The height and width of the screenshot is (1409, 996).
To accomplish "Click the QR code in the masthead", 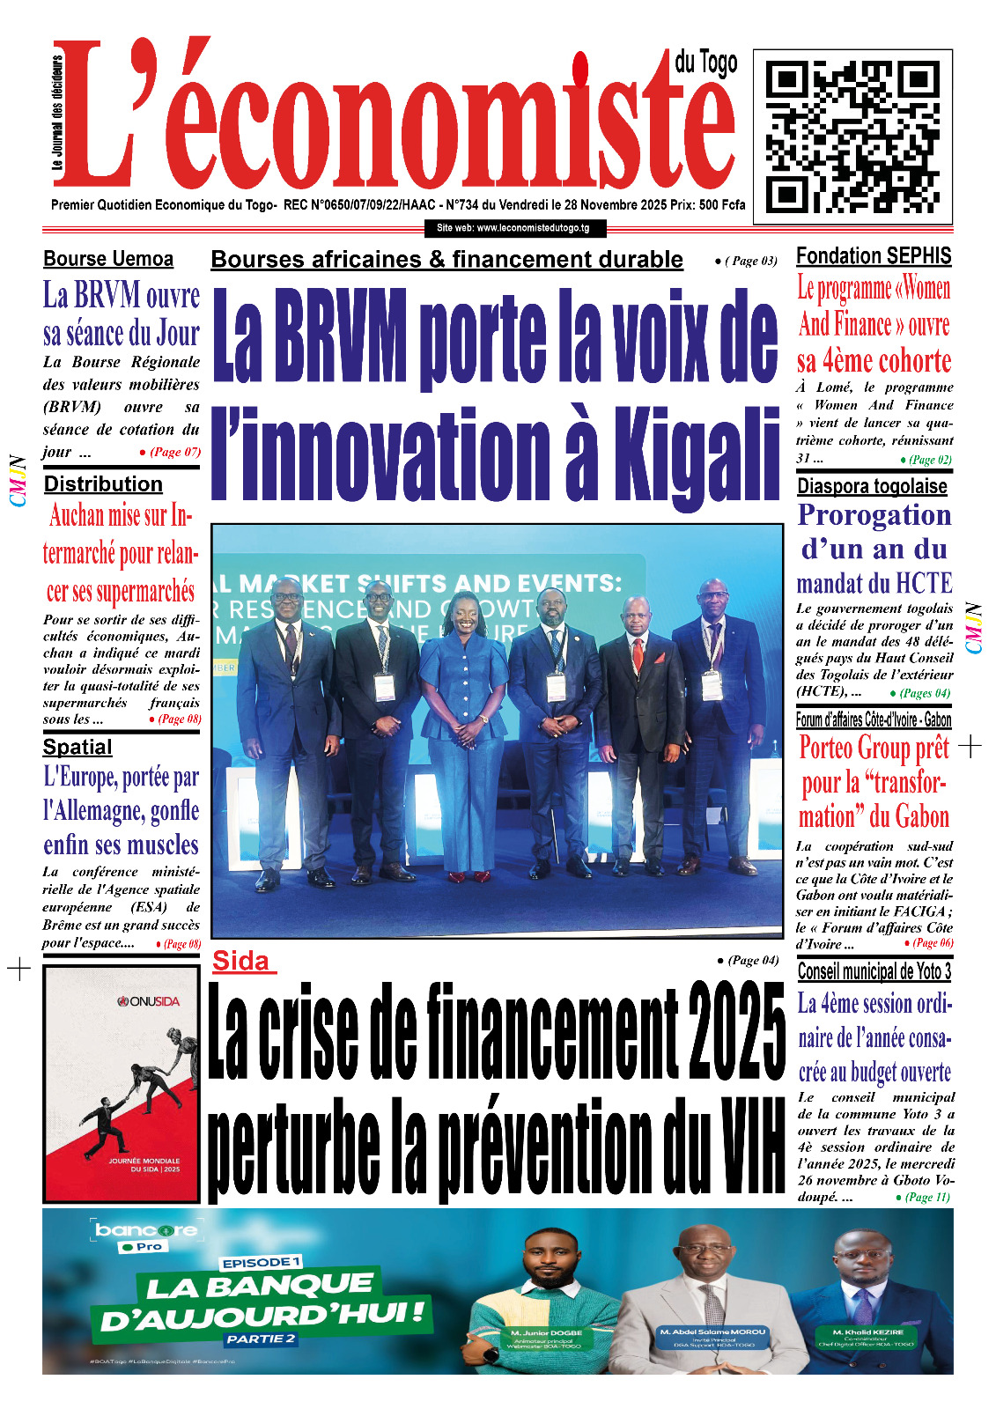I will click(x=852, y=136).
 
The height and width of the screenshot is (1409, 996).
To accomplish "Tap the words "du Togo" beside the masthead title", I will click(x=705, y=63).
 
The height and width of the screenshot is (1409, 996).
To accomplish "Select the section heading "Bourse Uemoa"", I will click(x=108, y=259).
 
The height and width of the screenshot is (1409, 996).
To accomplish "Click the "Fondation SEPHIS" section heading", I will click(x=874, y=256).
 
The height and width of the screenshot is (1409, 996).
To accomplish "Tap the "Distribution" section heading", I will click(x=103, y=484).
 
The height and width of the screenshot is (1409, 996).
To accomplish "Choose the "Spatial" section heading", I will click(x=77, y=748).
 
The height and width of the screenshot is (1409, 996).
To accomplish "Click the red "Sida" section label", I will click(x=241, y=961).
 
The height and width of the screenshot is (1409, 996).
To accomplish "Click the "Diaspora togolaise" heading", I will click(x=872, y=486).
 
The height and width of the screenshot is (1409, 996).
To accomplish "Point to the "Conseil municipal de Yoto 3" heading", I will click(x=874, y=971).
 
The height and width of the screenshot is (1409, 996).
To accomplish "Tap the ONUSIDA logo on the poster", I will click(x=150, y=1001).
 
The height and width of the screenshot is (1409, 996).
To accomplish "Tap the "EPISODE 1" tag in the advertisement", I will click(x=261, y=1263).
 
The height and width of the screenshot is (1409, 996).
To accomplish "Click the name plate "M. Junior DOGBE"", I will click(x=546, y=1332).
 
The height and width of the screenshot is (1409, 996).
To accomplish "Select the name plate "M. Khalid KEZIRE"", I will click(x=867, y=1332).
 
